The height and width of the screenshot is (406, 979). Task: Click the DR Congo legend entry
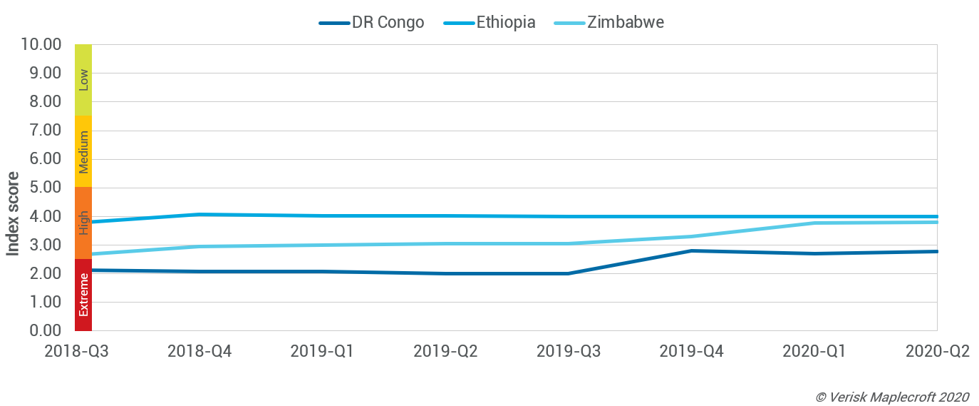point(372,22)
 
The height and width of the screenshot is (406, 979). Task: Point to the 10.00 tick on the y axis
point(42,44)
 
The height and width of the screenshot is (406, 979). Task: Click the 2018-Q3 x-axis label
point(76,351)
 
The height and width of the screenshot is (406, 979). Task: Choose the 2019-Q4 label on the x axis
point(691,351)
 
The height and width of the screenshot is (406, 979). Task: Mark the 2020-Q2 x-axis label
point(937,351)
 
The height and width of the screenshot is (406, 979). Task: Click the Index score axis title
point(14,213)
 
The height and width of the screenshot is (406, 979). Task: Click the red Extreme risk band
point(83,295)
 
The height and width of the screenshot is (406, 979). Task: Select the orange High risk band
point(83,223)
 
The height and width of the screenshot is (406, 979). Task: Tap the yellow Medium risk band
point(83,151)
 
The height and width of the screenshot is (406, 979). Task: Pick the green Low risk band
point(83,79)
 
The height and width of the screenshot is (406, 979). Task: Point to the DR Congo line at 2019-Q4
point(691,250)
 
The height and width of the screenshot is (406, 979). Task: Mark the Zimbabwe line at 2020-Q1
point(814,223)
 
